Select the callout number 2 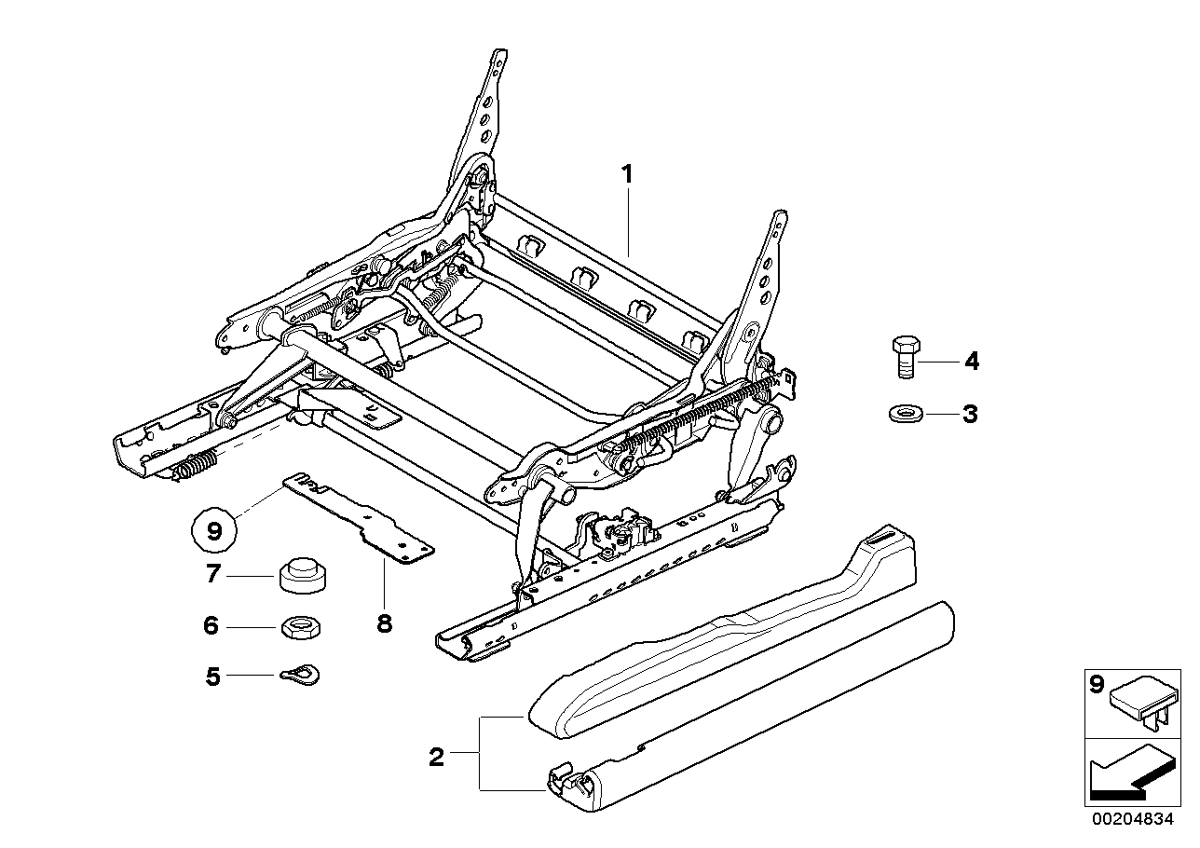coord(436,757)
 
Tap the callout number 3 coord(970,414)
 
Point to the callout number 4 coord(971,361)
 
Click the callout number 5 coord(213,676)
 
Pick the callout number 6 coord(211,626)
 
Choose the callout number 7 coord(212,575)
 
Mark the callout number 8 coord(384,623)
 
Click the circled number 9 coord(214,531)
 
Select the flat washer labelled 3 coord(902,413)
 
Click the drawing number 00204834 coord(1133,821)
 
